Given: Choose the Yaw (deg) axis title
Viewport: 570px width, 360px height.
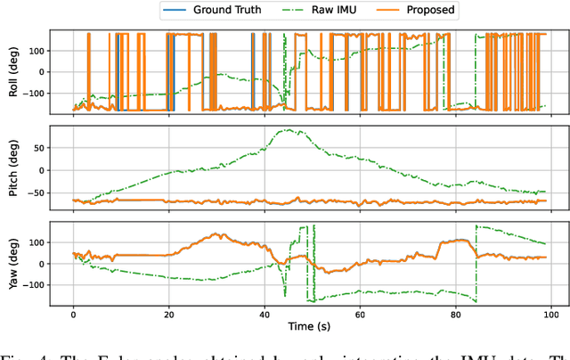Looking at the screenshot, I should click(x=11, y=264).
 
